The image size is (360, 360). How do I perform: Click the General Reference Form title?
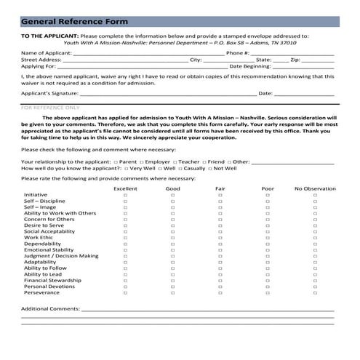pyautogui.click(x=74, y=22)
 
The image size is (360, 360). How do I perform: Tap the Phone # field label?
pyautogui.click(x=238, y=53)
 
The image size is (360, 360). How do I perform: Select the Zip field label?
pyautogui.click(x=295, y=60)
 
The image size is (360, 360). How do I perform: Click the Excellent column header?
pyautogui.click(x=125, y=188)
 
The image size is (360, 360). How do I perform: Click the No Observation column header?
pyautogui.click(x=315, y=188)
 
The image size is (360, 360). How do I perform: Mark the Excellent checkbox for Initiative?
pyautogui.click(x=125, y=196)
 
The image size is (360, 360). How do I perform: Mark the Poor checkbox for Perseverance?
pyautogui.click(x=267, y=293)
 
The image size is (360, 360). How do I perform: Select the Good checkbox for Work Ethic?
pyautogui.click(x=172, y=238)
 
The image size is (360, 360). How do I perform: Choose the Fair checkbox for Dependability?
pyautogui.click(x=220, y=244)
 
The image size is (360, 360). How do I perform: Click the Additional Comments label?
pyautogui.click(x=50, y=308)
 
